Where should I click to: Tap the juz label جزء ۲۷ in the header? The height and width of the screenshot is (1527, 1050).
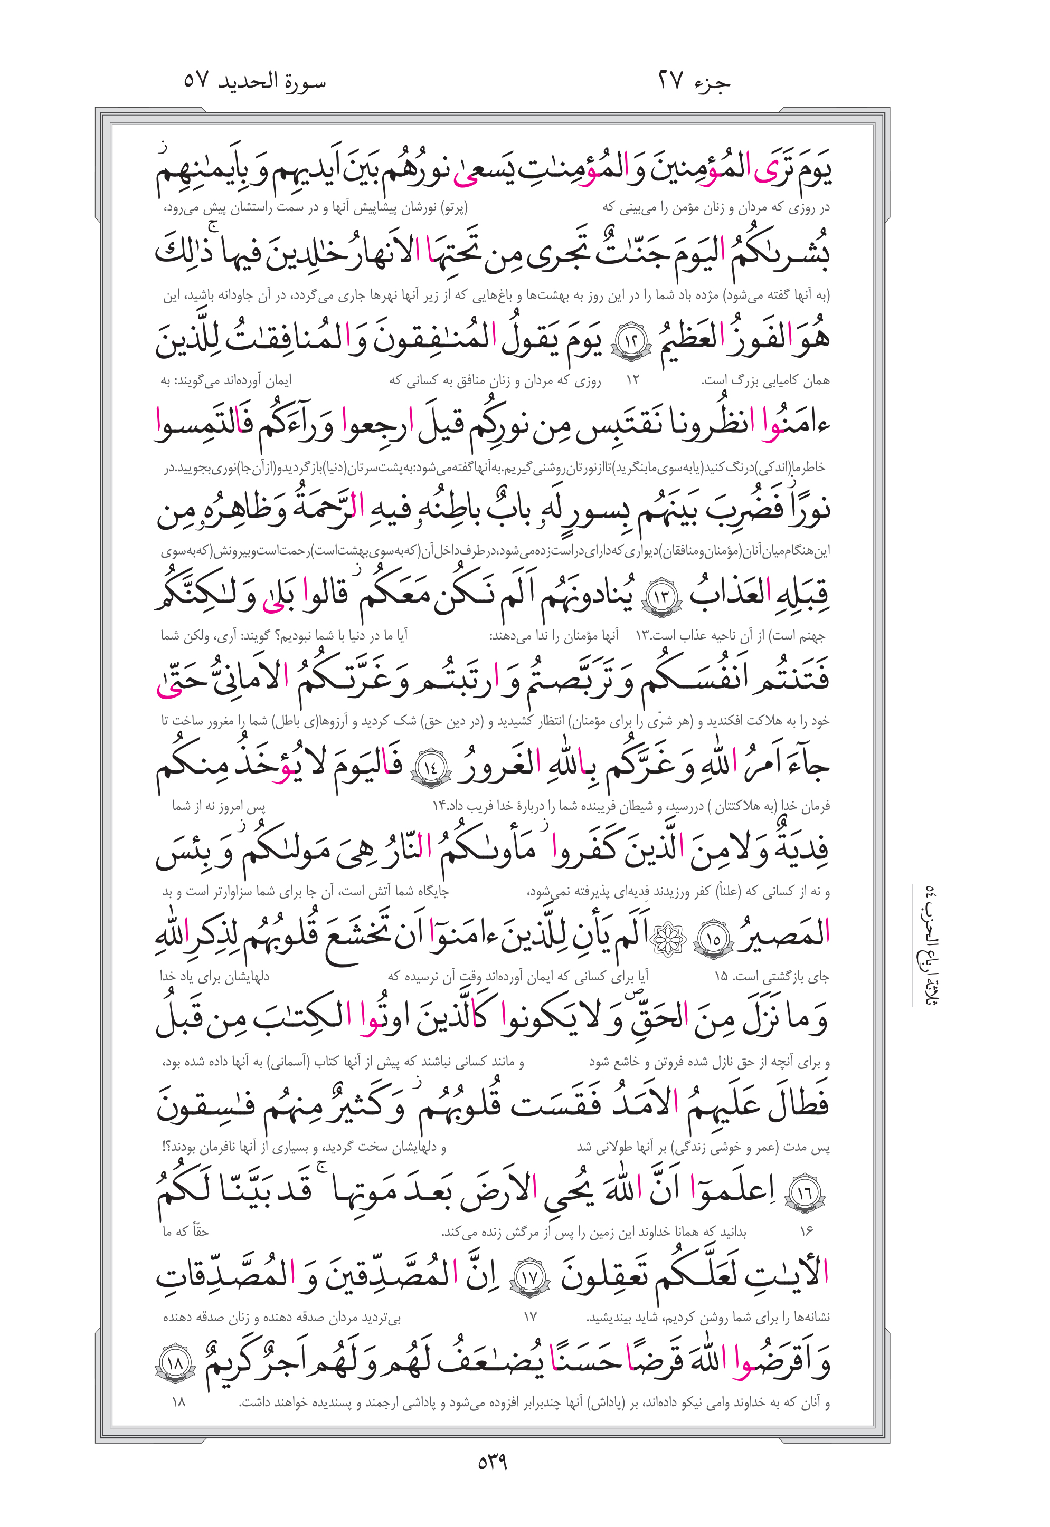coord(694,82)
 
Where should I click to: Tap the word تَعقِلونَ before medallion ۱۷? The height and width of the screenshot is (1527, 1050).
coord(618,1277)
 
